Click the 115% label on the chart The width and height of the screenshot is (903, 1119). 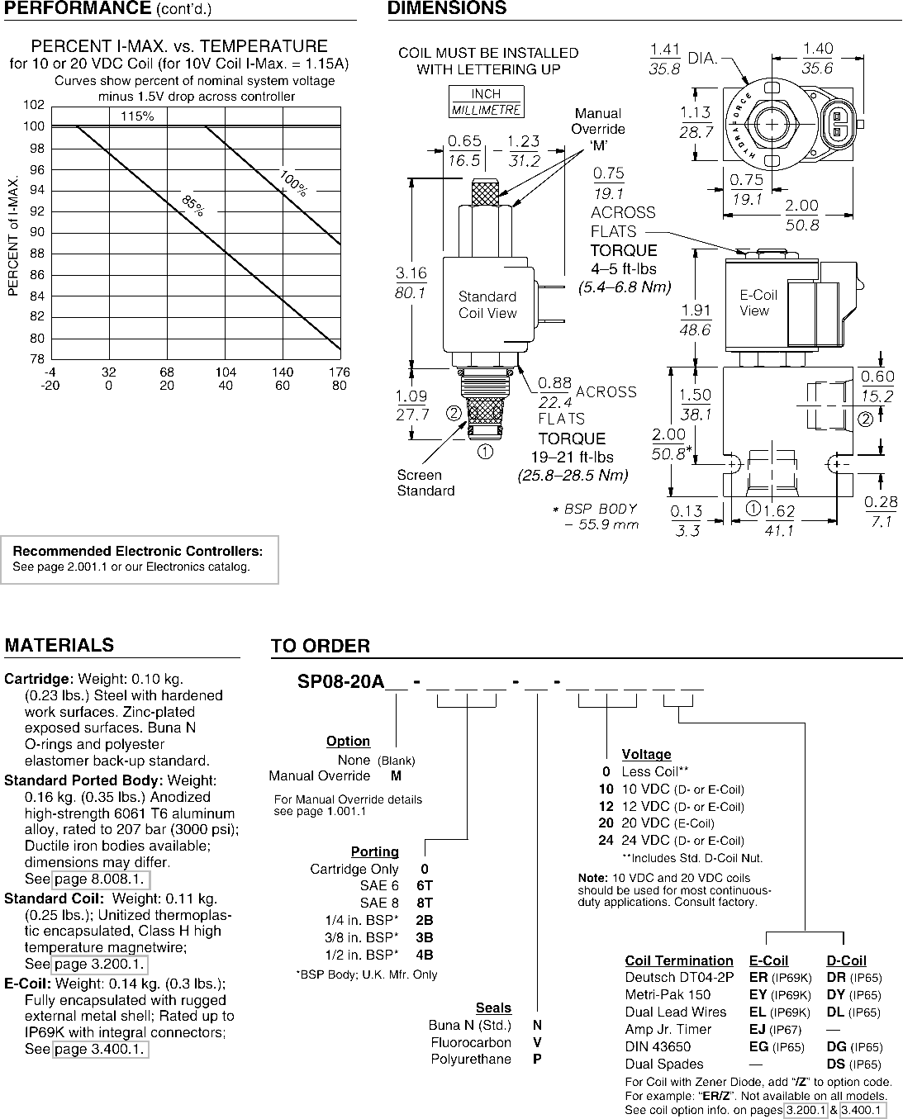[x=137, y=116]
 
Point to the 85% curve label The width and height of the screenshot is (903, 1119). [x=193, y=206]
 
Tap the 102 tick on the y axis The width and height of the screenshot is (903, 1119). [x=34, y=105]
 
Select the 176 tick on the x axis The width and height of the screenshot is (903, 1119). [x=340, y=372]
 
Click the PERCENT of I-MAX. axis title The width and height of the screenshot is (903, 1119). [x=13, y=236]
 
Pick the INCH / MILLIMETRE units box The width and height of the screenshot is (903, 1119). [x=487, y=102]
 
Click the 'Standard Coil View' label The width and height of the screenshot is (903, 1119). [x=487, y=305]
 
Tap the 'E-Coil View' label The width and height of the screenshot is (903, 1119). [x=758, y=302]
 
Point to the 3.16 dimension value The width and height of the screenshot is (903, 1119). [x=411, y=273]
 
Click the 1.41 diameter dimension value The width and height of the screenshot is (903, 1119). [x=665, y=50]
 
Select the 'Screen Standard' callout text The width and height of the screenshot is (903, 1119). [x=425, y=482]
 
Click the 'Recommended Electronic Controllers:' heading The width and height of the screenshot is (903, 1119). [x=138, y=551]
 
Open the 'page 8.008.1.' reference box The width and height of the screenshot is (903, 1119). [x=101, y=879]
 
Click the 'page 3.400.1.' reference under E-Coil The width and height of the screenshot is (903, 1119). [x=100, y=1049]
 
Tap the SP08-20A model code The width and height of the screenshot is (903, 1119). [x=340, y=681]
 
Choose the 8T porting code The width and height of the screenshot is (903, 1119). [x=425, y=903]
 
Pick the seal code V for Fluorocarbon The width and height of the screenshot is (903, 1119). [x=537, y=1042]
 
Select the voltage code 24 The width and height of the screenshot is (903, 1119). [x=606, y=841]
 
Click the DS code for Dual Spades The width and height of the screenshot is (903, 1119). [x=836, y=1064]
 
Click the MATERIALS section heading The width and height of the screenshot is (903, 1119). [x=59, y=645]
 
